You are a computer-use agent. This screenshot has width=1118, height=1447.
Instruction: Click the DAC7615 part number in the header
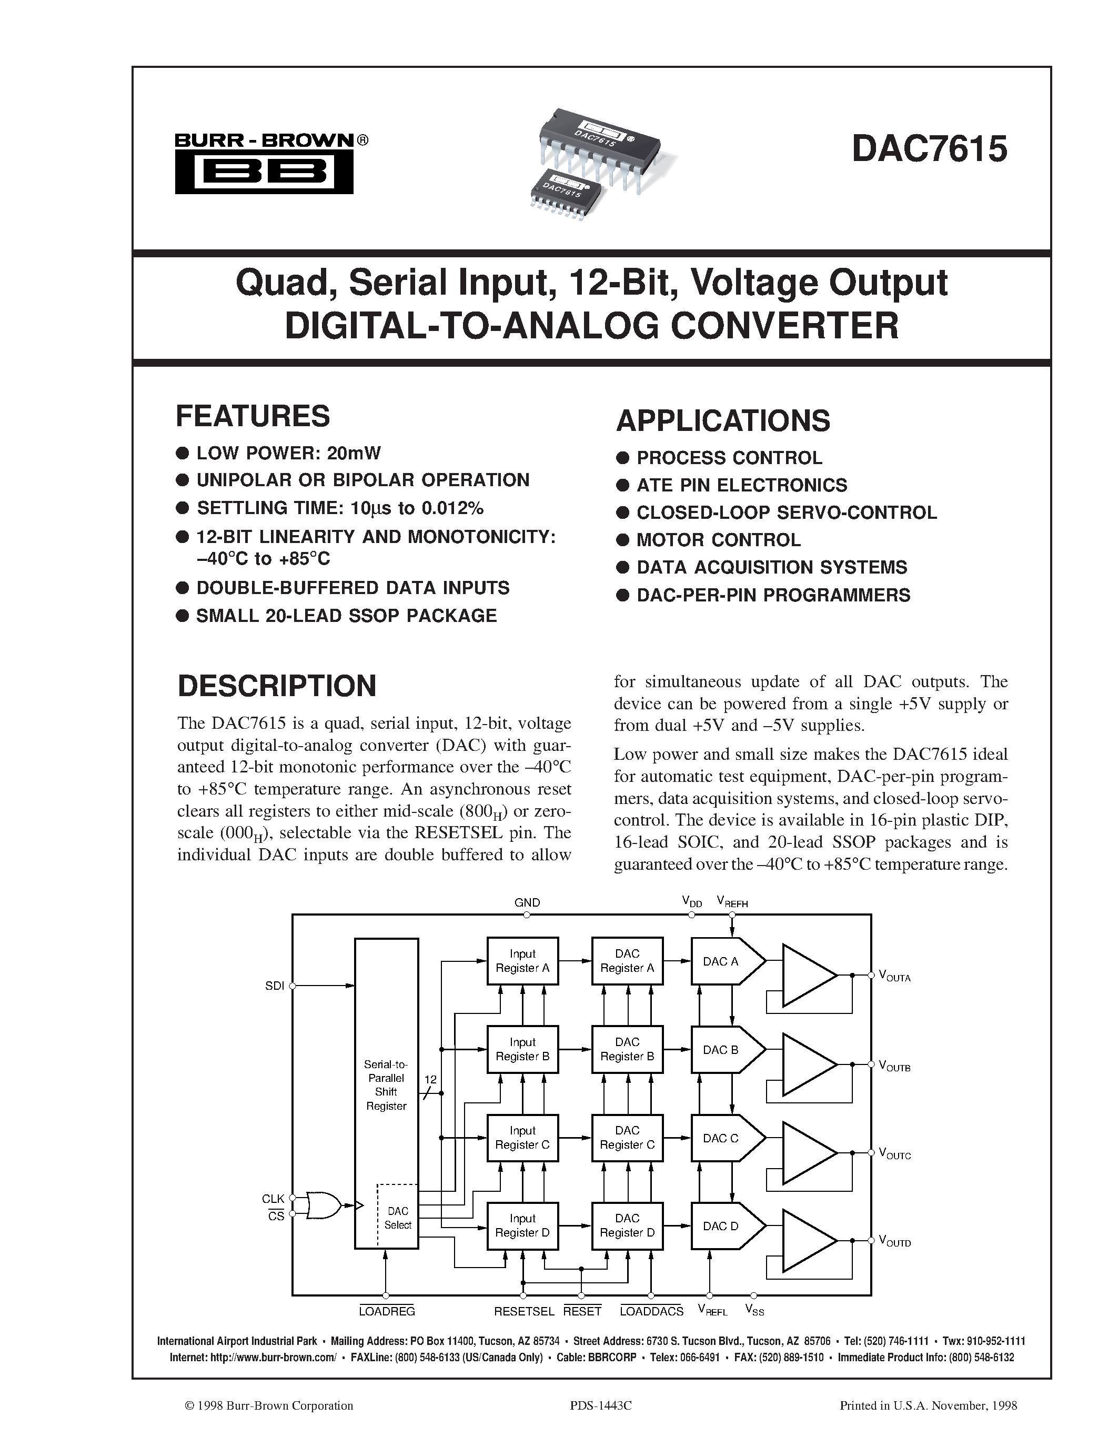tap(929, 148)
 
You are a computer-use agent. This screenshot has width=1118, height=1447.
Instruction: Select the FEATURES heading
tap(253, 416)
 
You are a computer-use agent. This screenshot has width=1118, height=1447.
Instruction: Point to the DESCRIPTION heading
tap(277, 686)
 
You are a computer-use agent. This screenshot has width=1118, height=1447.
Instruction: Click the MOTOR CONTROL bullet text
tap(719, 540)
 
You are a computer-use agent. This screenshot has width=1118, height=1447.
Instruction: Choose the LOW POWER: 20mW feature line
tap(289, 453)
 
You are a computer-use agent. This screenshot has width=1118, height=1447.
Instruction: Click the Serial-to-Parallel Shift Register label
tap(386, 1085)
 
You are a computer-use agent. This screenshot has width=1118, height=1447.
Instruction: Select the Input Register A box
tap(522, 961)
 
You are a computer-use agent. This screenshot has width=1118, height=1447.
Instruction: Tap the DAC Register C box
tap(627, 1138)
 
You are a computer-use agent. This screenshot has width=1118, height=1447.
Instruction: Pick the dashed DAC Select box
tap(397, 1217)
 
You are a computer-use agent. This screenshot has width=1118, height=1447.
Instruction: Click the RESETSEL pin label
tap(524, 1311)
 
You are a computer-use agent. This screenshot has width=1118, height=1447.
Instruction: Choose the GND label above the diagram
tap(527, 902)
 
